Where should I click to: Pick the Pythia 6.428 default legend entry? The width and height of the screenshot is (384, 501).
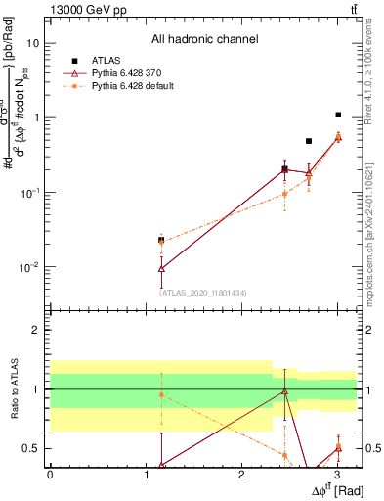tap(124, 86)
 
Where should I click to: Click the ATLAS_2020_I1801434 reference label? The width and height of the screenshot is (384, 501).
tap(202, 292)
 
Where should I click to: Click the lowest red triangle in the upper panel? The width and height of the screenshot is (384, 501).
tap(161, 268)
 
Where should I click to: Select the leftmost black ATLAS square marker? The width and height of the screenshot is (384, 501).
tap(161, 240)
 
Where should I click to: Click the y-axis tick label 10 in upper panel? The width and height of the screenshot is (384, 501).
tap(32, 44)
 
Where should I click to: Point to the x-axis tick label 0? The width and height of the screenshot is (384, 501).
tap(50, 474)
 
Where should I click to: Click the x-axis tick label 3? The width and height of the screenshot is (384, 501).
tap(337, 474)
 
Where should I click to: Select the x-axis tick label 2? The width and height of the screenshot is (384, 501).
tap(241, 474)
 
